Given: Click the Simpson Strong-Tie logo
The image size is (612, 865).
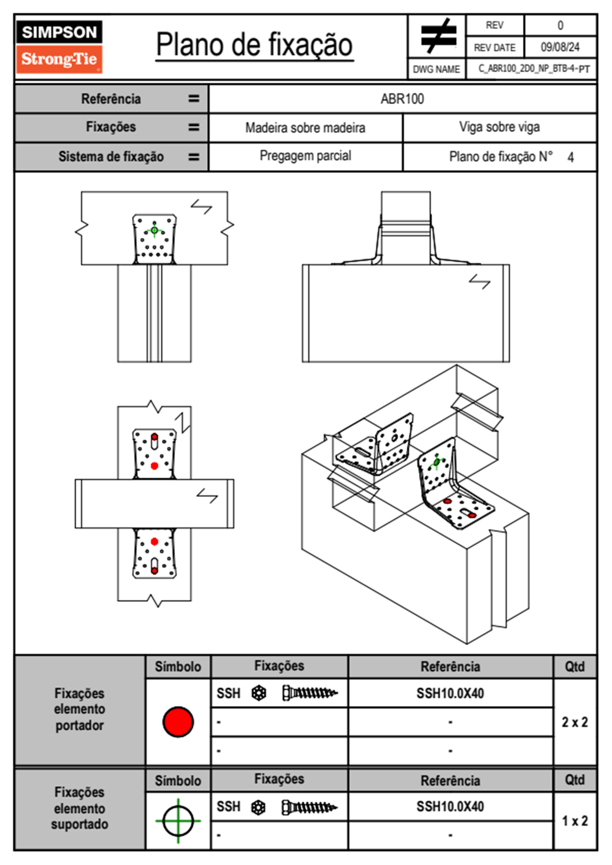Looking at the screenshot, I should tap(59, 47).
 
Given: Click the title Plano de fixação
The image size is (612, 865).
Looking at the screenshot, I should tap(254, 45).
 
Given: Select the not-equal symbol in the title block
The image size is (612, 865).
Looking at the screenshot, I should tap(438, 36).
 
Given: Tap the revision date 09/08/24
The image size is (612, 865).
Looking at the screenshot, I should tap(560, 47).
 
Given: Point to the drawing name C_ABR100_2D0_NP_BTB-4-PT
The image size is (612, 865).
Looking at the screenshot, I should tap(533, 69).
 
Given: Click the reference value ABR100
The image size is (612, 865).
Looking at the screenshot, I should tap(402, 99).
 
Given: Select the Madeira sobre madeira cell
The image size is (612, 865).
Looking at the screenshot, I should tap(305, 128).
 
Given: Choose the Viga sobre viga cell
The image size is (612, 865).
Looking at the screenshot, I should tap(499, 127).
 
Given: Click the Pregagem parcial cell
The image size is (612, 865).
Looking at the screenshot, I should tap(305, 156).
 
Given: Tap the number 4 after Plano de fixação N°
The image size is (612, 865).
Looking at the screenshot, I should tap(570, 157).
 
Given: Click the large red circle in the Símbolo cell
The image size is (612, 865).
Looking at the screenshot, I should tap(178, 722).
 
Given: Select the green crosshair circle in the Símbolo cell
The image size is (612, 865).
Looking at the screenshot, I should tap(178, 820).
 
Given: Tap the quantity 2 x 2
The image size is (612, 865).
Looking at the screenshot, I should tap(574, 722).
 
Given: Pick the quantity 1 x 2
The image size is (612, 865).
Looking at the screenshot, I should tap(574, 821).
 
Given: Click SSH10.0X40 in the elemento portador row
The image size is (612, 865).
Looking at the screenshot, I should tap(450, 693).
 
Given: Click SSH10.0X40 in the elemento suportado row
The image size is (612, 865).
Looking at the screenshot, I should tap(450, 806).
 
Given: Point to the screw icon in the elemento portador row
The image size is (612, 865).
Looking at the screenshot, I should tap(310, 693).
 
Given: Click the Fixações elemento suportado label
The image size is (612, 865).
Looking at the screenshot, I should tap(79, 808).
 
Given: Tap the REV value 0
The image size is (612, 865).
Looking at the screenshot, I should tap(560, 25).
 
